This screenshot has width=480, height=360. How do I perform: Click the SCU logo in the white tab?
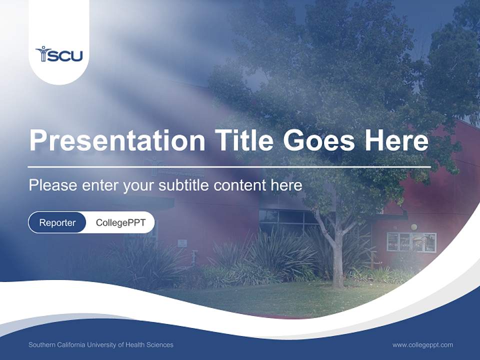tap(59, 54)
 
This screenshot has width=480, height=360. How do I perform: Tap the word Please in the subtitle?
tap(51, 185)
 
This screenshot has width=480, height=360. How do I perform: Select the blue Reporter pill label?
tap(57, 222)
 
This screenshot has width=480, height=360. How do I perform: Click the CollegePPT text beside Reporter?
tap(120, 222)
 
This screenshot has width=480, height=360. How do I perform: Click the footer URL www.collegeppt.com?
tap(422, 344)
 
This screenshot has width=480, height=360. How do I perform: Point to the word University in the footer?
tap(100, 344)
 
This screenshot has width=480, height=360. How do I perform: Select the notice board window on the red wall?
tap(411, 242)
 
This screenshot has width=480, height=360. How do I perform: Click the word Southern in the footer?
tap(41, 344)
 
